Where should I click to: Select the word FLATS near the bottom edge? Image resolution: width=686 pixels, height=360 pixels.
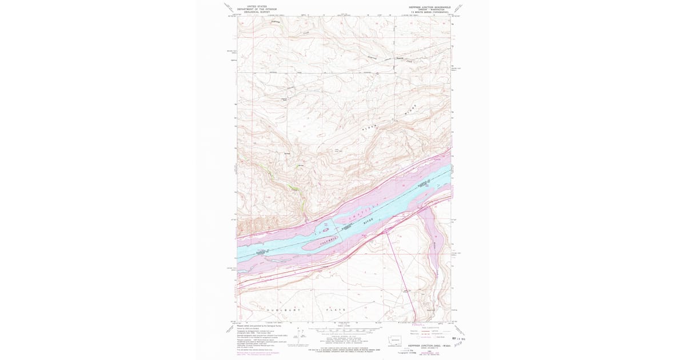(x=337, y=310)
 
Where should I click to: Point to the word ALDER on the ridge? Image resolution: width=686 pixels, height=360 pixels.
(x=372, y=129)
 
